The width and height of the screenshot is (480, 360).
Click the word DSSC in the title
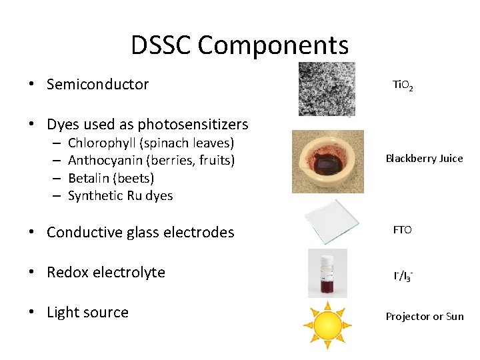click(x=161, y=45)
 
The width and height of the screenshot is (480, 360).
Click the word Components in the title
click(x=273, y=45)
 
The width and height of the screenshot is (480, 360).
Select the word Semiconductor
click(x=98, y=84)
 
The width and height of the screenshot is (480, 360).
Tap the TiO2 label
click(x=402, y=85)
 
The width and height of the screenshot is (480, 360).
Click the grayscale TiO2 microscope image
click(x=327, y=89)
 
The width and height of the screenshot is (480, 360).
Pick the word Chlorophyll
click(x=100, y=143)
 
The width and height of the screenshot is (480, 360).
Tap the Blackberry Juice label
click(x=424, y=159)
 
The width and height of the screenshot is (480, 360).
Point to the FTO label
click(x=402, y=230)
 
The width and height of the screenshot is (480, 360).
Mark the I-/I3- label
click(x=403, y=275)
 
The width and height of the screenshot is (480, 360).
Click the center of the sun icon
click(x=327, y=324)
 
